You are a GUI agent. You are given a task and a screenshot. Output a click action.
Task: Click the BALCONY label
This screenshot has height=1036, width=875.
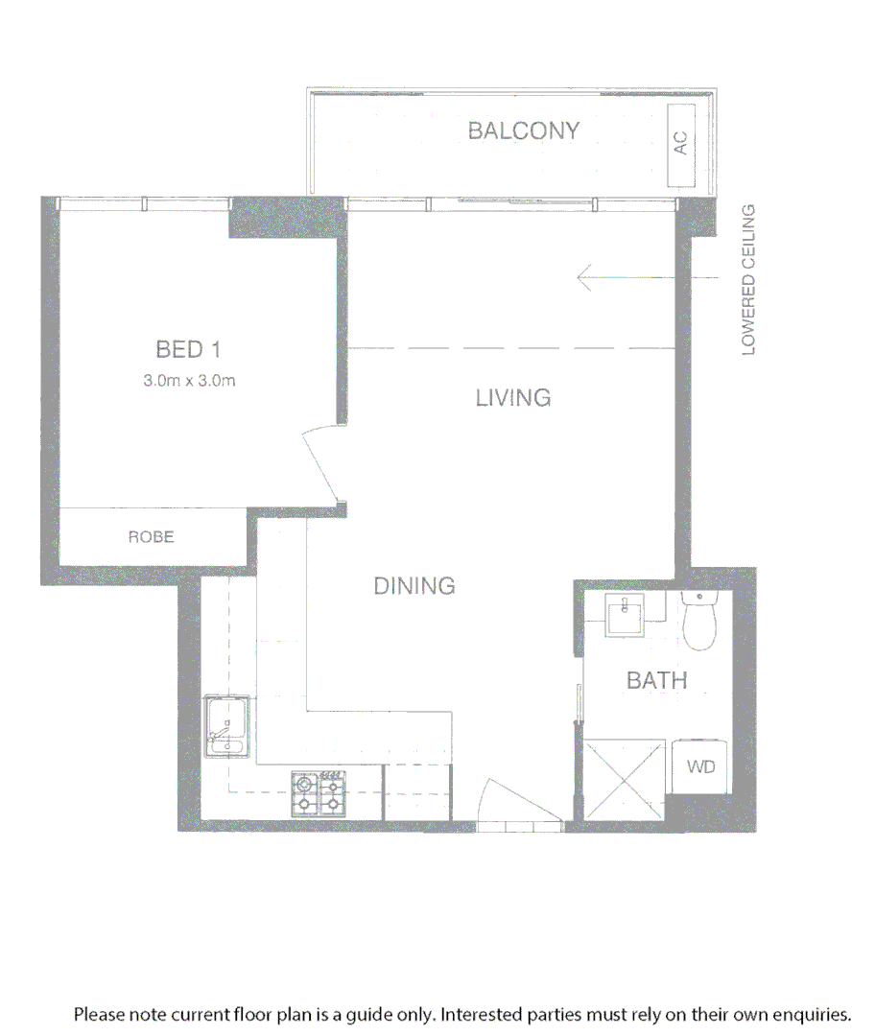(524, 130)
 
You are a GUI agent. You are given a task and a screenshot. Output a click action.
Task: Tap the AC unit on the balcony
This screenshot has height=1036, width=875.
(681, 144)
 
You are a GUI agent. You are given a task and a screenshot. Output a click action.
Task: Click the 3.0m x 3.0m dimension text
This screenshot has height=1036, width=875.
(189, 380)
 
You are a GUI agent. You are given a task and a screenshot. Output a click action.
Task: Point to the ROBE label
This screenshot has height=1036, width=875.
(152, 537)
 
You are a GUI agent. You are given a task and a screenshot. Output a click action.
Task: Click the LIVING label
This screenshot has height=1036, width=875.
(513, 397)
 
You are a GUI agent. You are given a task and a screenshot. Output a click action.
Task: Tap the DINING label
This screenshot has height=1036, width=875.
(414, 585)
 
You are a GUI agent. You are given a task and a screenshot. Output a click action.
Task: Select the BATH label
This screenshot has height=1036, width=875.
(657, 681)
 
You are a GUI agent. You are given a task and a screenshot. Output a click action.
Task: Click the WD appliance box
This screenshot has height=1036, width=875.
(700, 767)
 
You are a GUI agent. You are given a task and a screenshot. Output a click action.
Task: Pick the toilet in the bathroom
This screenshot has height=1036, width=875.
(699, 619)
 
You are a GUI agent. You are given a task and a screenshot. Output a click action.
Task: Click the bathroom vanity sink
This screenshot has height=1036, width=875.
(627, 614)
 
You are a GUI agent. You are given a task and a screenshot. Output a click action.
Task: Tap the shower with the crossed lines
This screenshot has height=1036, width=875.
(624, 779)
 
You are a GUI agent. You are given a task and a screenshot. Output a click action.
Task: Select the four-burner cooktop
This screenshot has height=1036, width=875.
(318, 794)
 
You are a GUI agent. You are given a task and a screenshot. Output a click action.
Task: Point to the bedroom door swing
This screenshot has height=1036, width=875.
(321, 463)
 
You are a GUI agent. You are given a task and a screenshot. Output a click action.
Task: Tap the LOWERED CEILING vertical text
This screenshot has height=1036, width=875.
(749, 279)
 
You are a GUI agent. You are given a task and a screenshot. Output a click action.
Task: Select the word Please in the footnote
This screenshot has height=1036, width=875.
(100, 1014)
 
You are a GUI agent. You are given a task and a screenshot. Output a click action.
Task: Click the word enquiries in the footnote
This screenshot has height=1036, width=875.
(812, 1014)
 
